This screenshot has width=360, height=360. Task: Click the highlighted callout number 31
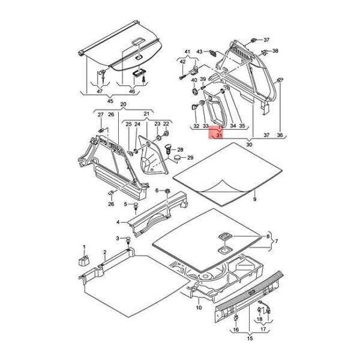(220, 136)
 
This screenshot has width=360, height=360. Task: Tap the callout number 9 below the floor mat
(254, 199)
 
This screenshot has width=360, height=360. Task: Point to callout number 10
(199, 308)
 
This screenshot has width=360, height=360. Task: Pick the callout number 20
(124, 104)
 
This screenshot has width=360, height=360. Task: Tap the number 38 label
(275, 52)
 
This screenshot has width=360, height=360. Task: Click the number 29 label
(191, 158)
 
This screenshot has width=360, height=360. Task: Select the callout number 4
(119, 222)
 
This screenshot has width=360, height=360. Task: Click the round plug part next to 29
(178, 157)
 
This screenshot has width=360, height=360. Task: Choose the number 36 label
(280, 136)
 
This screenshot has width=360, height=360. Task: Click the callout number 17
(262, 329)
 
